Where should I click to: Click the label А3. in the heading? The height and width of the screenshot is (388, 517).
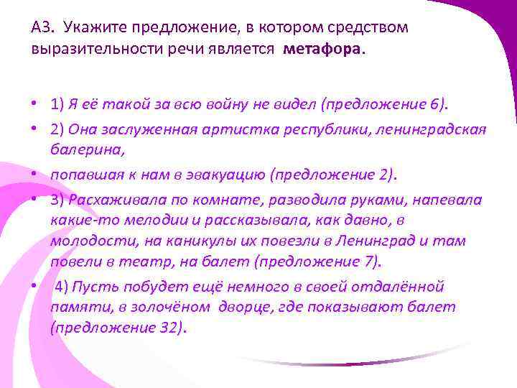42,28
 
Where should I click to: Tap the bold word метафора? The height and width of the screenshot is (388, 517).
323,50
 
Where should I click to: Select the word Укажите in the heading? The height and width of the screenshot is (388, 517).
88,28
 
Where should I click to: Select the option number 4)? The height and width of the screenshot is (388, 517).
62,287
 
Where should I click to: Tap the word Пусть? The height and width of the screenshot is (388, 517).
91,287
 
